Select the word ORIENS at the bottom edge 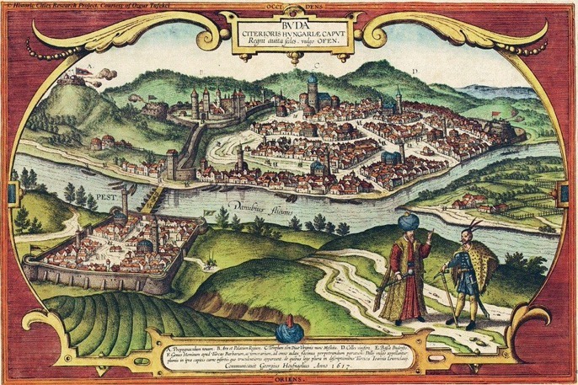pyautogui.click(x=288, y=377)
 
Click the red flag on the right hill pyautogui.click(x=496, y=114)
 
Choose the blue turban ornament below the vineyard pyautogui.click(x=288, y=329)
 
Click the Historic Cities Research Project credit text pyautogui.click(x=76, y=6)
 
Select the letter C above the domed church pyautogui.click(x=314, y=64)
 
